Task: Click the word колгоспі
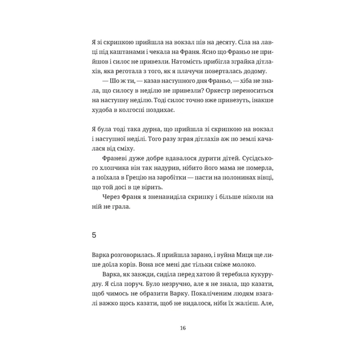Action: [x=141, y=110]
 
